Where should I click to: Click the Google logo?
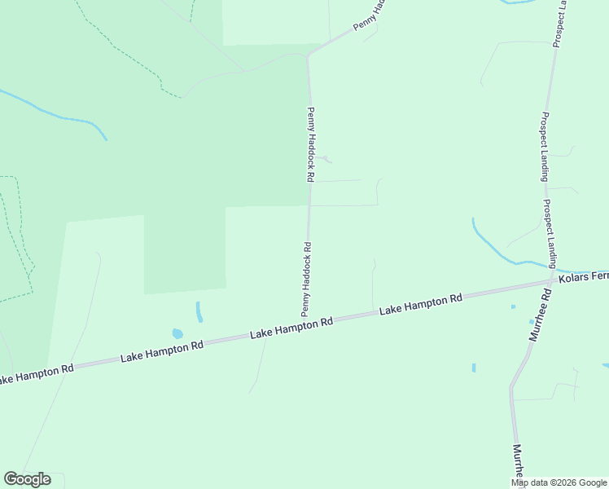pos(27,479)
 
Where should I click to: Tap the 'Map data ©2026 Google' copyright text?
pos(559,482)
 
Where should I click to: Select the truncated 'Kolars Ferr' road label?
pos(583,277)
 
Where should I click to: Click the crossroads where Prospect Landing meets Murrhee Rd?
pos(554,281)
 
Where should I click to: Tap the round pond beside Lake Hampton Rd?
pos(177,333)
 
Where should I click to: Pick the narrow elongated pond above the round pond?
pos(199,311)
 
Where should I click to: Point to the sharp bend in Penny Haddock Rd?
pos(308,55)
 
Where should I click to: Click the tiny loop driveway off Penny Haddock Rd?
pos(326,158)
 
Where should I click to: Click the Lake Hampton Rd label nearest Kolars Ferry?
pos(421,305)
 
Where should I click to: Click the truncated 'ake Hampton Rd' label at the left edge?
pos(37,373)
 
